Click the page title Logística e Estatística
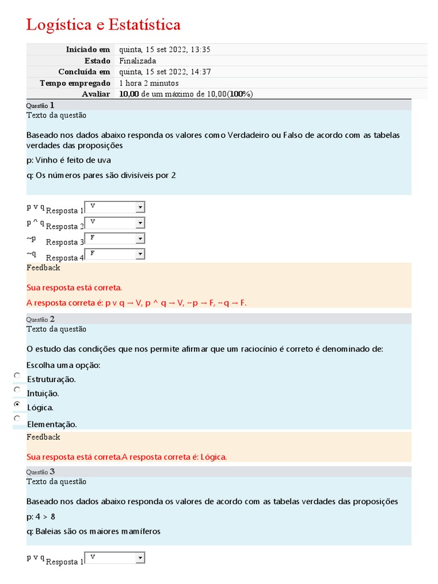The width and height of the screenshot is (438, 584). tap(103, 25)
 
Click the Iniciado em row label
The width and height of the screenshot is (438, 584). tap(88, 50)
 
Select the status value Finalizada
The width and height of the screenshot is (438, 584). tap(137, 60)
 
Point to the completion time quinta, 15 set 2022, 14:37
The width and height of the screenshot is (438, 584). tap(165, 72)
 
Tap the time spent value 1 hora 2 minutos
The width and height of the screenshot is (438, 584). tap(149, 83)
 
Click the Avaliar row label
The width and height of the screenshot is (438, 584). tap(96, 94)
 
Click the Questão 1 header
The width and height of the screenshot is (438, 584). tap(40, 106)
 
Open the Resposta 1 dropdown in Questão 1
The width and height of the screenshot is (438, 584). tap(115, 207)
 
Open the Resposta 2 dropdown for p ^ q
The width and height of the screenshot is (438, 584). tap(115, 222)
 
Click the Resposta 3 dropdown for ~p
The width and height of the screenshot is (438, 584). tap(115, 238)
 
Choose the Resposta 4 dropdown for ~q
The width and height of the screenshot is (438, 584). tap(115, 254)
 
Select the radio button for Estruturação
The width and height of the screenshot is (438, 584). tap(17, 376)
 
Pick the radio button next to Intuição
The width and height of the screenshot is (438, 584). tap(17, 390)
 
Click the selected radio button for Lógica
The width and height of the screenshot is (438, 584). tap(17, 404)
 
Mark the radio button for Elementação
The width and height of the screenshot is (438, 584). tap(17, 418)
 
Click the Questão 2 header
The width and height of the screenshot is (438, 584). tap(40, 319)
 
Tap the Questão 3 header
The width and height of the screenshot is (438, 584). tap(40, 472)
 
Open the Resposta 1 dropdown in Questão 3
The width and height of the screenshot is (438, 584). tap(115, 558)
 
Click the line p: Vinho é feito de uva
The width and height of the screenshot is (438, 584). tap(68, 160)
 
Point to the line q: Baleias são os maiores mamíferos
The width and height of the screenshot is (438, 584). tap(94, 532)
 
